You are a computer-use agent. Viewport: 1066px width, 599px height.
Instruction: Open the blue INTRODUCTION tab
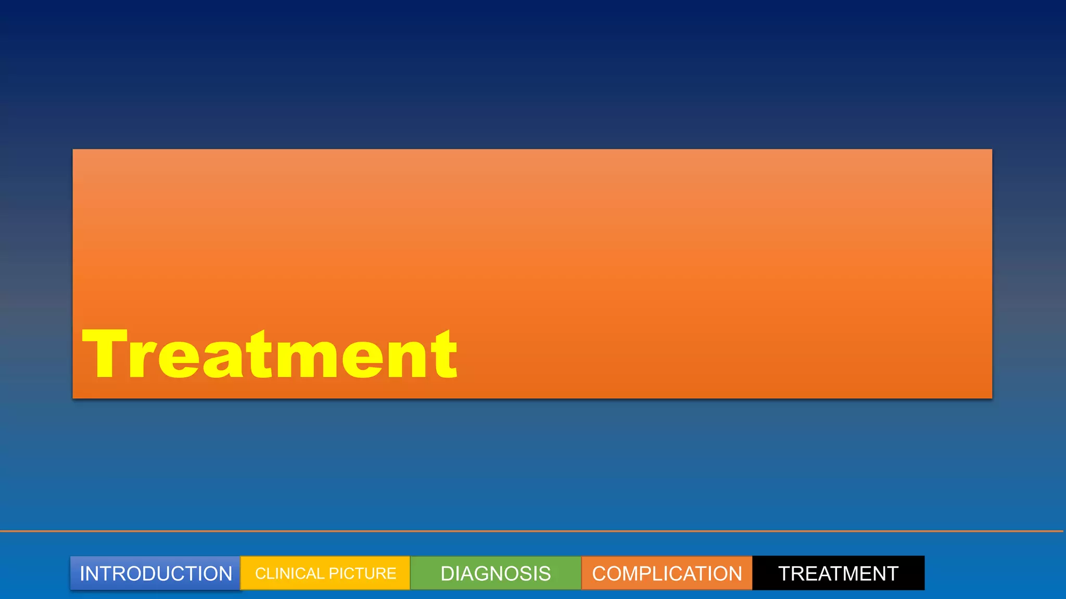(x=156, y=574)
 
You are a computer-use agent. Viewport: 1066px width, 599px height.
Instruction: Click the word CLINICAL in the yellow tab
(x=289, y=574)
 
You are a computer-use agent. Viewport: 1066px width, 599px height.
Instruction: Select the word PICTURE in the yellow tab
(x=362, y=574)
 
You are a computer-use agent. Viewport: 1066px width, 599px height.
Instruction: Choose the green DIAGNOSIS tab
(x=496, y=574)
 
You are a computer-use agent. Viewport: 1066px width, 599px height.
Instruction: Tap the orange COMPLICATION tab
(x=667, y=574)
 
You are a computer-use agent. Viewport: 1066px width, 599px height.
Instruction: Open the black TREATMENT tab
(x=838, y=574)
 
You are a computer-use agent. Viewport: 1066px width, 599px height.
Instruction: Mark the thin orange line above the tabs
(x=531, y=531)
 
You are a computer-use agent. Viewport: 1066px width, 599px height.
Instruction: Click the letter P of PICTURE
(x=333, y=574)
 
